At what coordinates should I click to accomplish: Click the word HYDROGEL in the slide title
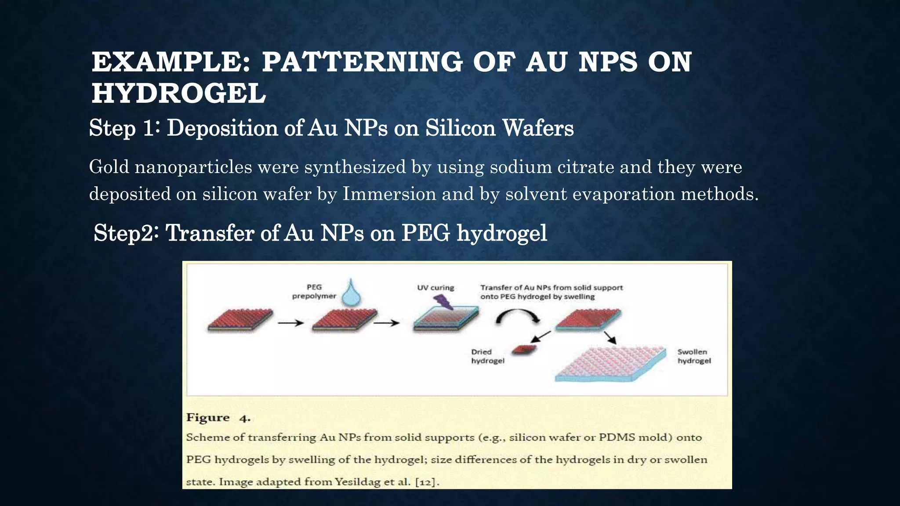(x=178, y=94)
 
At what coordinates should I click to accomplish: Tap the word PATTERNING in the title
(x=362, y=61)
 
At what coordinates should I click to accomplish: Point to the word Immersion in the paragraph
(x=389, y=194)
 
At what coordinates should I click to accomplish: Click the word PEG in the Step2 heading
(x=425, y=233)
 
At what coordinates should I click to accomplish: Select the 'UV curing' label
(x=435, y=288)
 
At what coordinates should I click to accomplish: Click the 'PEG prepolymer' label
(x=314, y=291)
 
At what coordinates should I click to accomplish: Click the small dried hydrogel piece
(x=524, y=349)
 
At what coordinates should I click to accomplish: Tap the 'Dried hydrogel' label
(x=487, y=356)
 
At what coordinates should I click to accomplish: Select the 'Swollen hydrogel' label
(x=694, y=356)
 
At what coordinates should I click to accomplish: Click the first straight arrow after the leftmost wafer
(x=290, y=323)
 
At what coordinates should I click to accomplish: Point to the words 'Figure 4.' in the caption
(x=218, y=417)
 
